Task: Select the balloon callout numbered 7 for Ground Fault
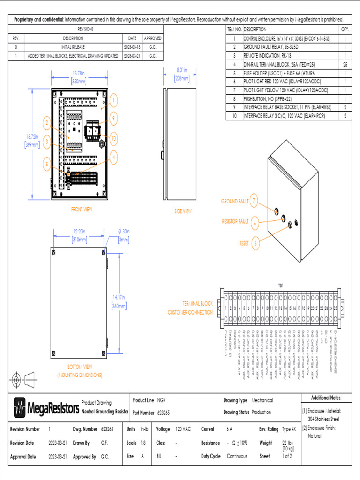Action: (x=254, y=201)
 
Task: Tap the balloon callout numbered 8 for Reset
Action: (x=255, y=243)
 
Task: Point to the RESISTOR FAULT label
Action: (x=235, y=221)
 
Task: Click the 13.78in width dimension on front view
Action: (x=79, y=77)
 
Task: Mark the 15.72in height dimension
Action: (x=31, y=140)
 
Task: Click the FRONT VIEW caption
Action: (x=82, y=209)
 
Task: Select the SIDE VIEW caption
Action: (x=183, y=211)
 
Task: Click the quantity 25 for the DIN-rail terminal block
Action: (x=345, y=64)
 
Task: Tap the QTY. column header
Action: (x=345, y=29)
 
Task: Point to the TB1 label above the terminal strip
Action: (x=281, y=285)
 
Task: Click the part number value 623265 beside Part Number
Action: (x=164, y=412)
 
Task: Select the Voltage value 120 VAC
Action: (x=183, y=429)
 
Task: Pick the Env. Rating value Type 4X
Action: (x=289, y=429)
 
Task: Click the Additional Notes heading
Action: (x=326, y=398)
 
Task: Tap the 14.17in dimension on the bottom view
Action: (x=119, y=301)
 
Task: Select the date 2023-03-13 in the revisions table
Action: (x=132, y=47)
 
